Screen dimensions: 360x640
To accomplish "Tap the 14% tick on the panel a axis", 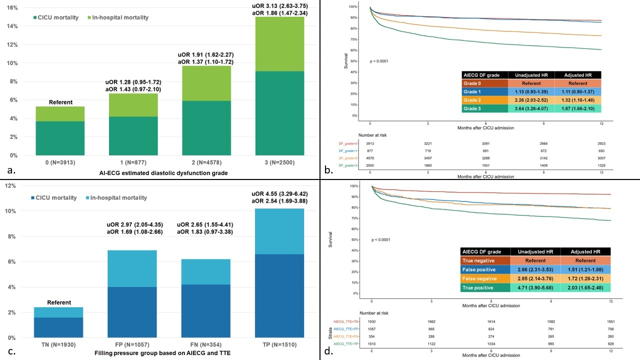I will tap(12, 26).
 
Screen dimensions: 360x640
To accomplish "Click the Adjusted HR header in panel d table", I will tap(585, 251).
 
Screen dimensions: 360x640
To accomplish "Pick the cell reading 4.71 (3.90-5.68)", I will tap(535, 287).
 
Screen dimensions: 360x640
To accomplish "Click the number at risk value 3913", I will tap(370, 143).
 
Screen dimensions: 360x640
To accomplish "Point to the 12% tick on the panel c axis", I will tap(12, 186).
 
